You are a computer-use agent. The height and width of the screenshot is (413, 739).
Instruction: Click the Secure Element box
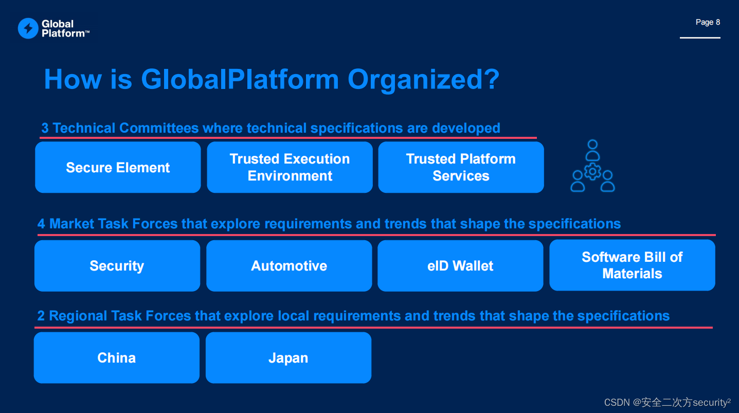[x=118, y=168]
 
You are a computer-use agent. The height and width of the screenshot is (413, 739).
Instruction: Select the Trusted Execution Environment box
[x=290, y=168]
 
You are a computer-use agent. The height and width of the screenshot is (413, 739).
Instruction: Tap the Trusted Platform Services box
[x=461, y=168]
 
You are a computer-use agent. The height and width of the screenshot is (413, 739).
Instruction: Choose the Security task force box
[x=117, y=266]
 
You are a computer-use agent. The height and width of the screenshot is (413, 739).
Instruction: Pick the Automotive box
[x=289, y=266]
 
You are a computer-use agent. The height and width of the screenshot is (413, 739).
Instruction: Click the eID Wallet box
[x=460, y=266]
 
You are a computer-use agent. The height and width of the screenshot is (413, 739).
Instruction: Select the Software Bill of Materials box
[x=632, y=265]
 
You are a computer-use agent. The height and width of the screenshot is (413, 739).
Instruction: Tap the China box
[x=116, y=358]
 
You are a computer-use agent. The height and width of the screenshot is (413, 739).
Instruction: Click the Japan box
[x=288, y=358]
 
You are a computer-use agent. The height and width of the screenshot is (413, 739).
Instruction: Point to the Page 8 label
[x=708, y=22]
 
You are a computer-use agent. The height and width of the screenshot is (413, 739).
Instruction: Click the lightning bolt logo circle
[x=28, y=28]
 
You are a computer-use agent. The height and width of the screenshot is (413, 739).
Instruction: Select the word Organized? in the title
[x=423, y=80]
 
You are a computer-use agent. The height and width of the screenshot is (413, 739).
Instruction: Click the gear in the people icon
[x=593, y=171]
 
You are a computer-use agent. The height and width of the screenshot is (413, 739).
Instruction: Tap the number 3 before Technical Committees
[x=45, y=129]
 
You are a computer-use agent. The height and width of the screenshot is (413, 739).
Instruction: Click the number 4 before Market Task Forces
[x=41, y=224]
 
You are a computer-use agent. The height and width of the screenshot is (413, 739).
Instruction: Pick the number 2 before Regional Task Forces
[x=41, y=316]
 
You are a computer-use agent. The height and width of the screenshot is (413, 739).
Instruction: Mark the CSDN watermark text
[x=667, y=403]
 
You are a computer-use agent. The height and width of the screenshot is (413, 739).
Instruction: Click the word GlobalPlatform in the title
[x=240, y=80]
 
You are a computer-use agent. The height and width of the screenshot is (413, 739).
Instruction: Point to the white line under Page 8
[x=700, y=38]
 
